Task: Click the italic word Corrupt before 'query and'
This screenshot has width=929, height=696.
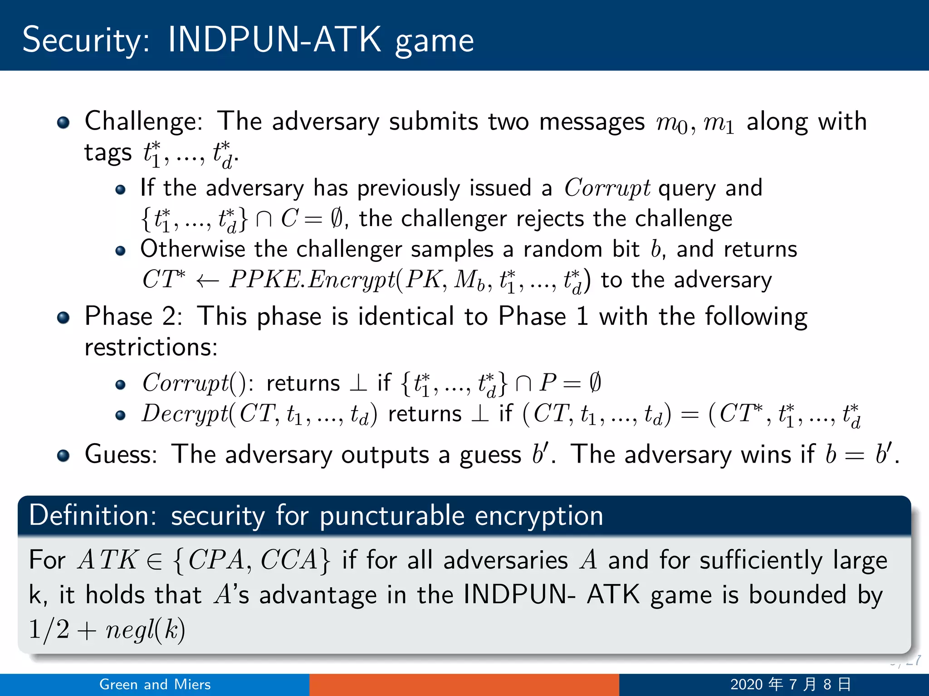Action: pos(607,188)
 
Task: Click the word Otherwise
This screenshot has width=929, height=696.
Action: pos(192,249)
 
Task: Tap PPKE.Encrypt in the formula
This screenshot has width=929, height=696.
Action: pos(312,280)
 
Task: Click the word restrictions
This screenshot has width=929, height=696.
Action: pos(151,348)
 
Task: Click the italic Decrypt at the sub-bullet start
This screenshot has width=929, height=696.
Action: pos(185,414)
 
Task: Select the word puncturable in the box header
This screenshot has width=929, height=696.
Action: pos(392,517)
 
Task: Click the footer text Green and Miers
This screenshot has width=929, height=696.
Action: pos(155,684)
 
